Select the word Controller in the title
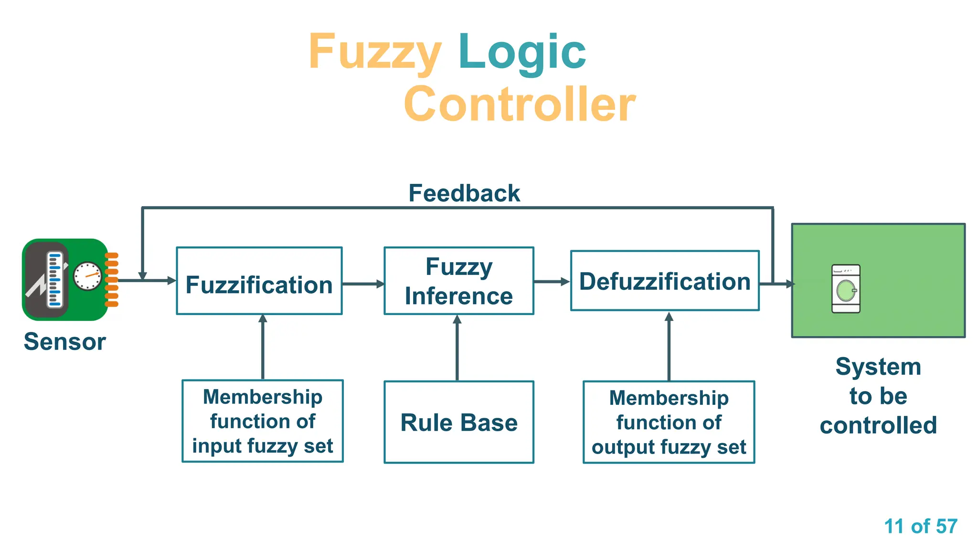point(519,104)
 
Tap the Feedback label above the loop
point(464,193)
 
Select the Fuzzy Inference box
point(459,281)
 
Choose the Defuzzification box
point(665,281)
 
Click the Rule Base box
point(459,422)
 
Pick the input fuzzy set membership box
point(263,421)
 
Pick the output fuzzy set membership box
point(669,422)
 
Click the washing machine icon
point(846,289)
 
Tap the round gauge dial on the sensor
point(87,276)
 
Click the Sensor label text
point(65,342)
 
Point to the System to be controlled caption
point(878,396)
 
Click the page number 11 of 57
point(920,526)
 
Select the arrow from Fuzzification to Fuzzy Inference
point(363,284)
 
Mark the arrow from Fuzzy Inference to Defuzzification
point(552,282)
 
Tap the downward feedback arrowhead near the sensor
point(142,275)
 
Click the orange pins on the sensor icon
point(111,280)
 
